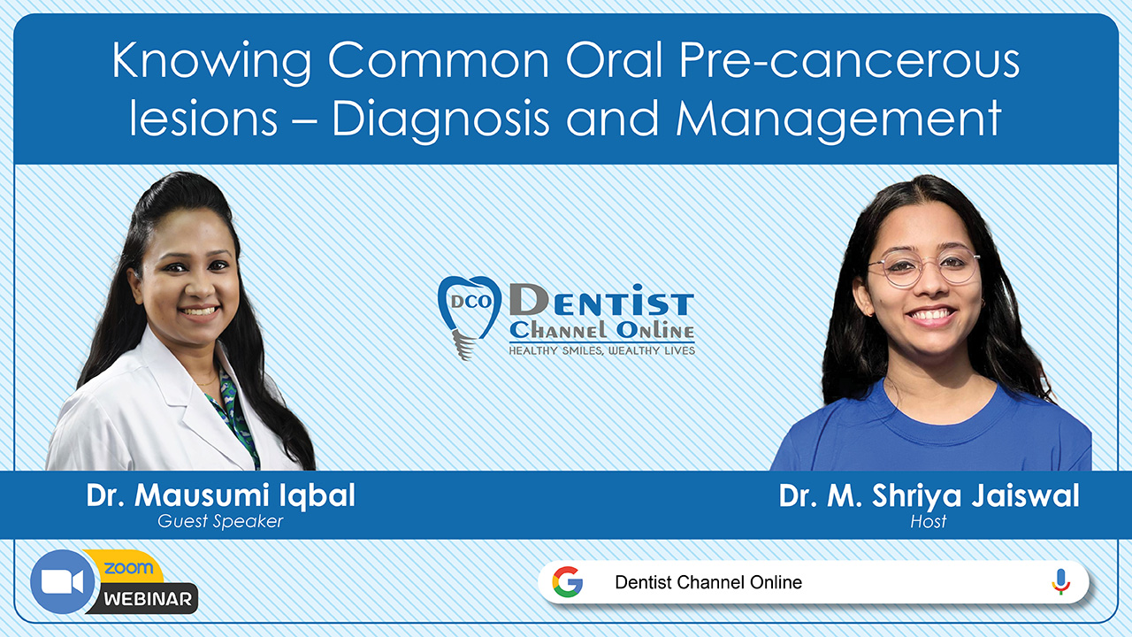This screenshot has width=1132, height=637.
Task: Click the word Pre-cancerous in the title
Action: [849, 61]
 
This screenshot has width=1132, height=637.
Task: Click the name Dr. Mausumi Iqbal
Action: [221, 495]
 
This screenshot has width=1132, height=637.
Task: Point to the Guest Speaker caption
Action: [220, 521]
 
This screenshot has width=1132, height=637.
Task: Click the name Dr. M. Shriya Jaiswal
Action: [929, 496]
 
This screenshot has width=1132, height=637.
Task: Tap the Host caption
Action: [929, 521]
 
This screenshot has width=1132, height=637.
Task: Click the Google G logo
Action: [567, 582]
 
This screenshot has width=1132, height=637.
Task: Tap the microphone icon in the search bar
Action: [1060, 582]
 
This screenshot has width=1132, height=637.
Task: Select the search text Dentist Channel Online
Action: [708, 582]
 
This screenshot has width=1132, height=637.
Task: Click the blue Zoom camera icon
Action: [62, 582]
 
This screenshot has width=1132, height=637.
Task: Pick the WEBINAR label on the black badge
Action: [148, 600]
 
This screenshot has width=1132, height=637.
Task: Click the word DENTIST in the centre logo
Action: [601, 302]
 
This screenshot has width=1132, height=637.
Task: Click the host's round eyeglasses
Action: [924, 266]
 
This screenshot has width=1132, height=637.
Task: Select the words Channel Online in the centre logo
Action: [602, 331]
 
